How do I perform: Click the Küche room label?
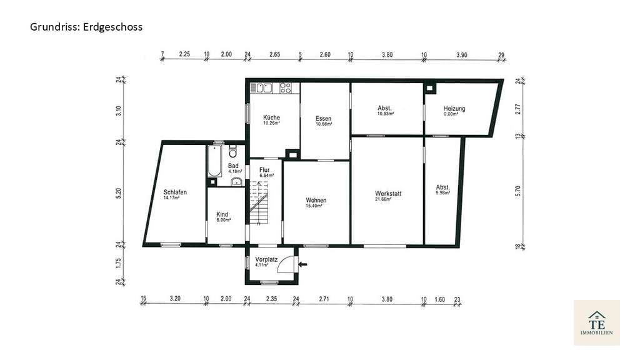click(271, 117)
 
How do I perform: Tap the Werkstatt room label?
click(388, 194)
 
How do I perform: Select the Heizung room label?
click(454, 109)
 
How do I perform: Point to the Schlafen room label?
click(175, 192)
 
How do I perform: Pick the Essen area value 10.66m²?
click(324, 124)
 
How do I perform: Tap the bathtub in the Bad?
click(214, 161)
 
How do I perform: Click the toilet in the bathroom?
click(233, 151)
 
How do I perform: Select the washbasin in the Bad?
click(237, 182)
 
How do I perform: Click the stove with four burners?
click(285, 87)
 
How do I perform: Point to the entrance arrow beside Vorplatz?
click(303, 264)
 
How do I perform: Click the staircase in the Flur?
click(259, 202)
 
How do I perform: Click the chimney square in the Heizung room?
click(429, 87)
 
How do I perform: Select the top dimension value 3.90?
click(462, 55)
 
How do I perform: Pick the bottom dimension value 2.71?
click(324, 299)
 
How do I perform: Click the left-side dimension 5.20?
click(118, 193)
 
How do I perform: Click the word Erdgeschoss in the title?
click(113, 27)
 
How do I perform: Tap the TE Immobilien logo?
click(597, 323)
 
